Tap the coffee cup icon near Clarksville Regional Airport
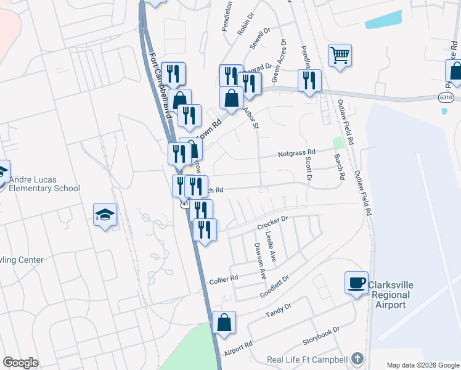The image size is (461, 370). pos(356,283)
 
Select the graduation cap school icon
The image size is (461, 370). pos(105,215)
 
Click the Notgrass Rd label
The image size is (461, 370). pos(296,152)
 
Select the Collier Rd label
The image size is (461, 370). pos(225,279)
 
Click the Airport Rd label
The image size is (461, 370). pos(239,353)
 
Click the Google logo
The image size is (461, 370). pos(20,363)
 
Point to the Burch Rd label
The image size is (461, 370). pos(338,167)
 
